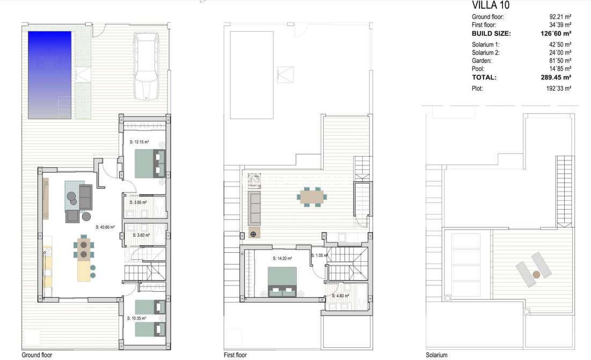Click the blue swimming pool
pyautogui.click(x=50, y=75)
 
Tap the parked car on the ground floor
pyautogui.click(x=146, y=67)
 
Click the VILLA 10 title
pyautogui.click(x=491, y=5)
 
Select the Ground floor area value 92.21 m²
pyautogui.click(x=560, y=17)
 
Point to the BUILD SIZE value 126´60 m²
pyautogui.click(x=556, y=33)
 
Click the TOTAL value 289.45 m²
pyautogui.click(x=556, y=77)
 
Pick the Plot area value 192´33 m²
pyautogui.click(x=559, y=89)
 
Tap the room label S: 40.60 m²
pyautogui.click(x=105, y=227)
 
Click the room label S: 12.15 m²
pyautogui.click(x=139, y=142)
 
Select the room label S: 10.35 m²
pyautogui.click(x=136, y=318)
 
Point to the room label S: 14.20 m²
pyautogui.click(x=282, y=258)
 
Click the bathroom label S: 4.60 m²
pyautogui.click(x=340, y=296)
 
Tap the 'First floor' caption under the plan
pyautogui.click(x=235, y=355)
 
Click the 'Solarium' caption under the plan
pyautogui.click(x=436, y=355)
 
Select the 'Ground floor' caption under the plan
pyautogui.click(x=37, y=355)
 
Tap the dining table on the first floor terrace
pyautogui.click(x=312, y=196)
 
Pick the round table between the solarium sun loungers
pyautogui.click(x=536, y=274)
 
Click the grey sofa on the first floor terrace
pyautogui.click(x=255, y=208)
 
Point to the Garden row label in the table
pyautogui.click(x=481, y=61)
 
